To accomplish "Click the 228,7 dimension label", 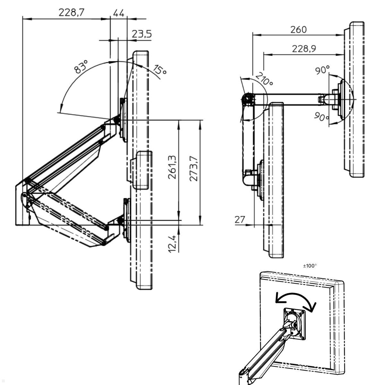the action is point(71,13).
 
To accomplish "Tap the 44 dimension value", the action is point(119,13).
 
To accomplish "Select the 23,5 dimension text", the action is point(142,34).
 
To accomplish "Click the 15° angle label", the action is point(159,70).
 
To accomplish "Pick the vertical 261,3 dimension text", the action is point(172,167).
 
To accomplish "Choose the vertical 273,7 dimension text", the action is point(193,168).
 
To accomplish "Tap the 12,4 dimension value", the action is point(172,244).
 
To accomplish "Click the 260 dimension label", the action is point(298,30).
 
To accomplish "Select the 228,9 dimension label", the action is point(304,48).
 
